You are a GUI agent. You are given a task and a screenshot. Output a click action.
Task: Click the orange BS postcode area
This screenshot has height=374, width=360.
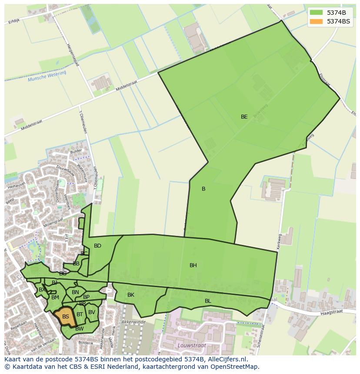65,317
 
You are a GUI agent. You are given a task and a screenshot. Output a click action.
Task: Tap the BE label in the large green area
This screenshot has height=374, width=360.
244,117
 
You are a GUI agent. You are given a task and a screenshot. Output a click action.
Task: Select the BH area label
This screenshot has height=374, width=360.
193,265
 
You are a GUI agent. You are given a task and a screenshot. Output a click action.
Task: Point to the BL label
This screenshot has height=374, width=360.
208,301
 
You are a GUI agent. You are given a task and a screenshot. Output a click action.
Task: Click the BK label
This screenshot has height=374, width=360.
131,295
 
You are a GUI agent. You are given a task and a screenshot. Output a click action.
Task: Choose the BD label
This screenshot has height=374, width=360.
97,246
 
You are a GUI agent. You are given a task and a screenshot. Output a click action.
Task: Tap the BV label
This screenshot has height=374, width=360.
92,312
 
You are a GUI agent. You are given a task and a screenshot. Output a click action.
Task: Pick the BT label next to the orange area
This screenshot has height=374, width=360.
80,314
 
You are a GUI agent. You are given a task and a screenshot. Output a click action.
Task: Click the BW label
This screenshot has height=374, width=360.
79,329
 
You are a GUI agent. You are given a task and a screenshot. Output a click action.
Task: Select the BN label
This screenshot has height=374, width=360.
75,292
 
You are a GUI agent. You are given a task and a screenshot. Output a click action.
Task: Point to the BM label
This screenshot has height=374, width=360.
55,298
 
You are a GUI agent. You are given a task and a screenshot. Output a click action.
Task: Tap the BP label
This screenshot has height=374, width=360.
86,297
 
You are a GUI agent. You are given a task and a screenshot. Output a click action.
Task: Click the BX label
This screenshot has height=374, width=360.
42,290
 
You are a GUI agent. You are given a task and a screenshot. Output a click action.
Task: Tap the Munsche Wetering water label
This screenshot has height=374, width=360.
47,76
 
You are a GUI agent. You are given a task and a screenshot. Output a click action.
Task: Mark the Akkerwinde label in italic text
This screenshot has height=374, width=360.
133,322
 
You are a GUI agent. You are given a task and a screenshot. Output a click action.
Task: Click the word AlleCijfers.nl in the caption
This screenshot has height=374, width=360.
227,359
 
